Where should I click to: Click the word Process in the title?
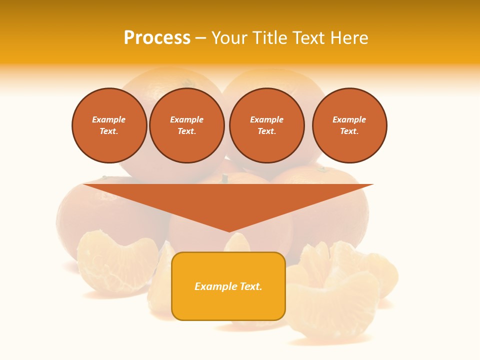click(157, 38)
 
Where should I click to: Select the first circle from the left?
click(109, 125)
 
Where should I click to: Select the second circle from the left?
click(187, 125)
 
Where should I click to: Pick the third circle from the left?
click(267, 125)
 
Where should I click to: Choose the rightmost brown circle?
click(349, 125)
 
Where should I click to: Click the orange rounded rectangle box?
click(228, 286)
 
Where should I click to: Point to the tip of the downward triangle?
click(229, 231)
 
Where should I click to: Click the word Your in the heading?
click(228, 38)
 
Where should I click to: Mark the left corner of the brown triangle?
click(84, 184)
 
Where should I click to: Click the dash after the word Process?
click(200, 38)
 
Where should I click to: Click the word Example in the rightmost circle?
click(349, 119)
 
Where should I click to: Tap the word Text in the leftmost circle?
click(108, 131)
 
